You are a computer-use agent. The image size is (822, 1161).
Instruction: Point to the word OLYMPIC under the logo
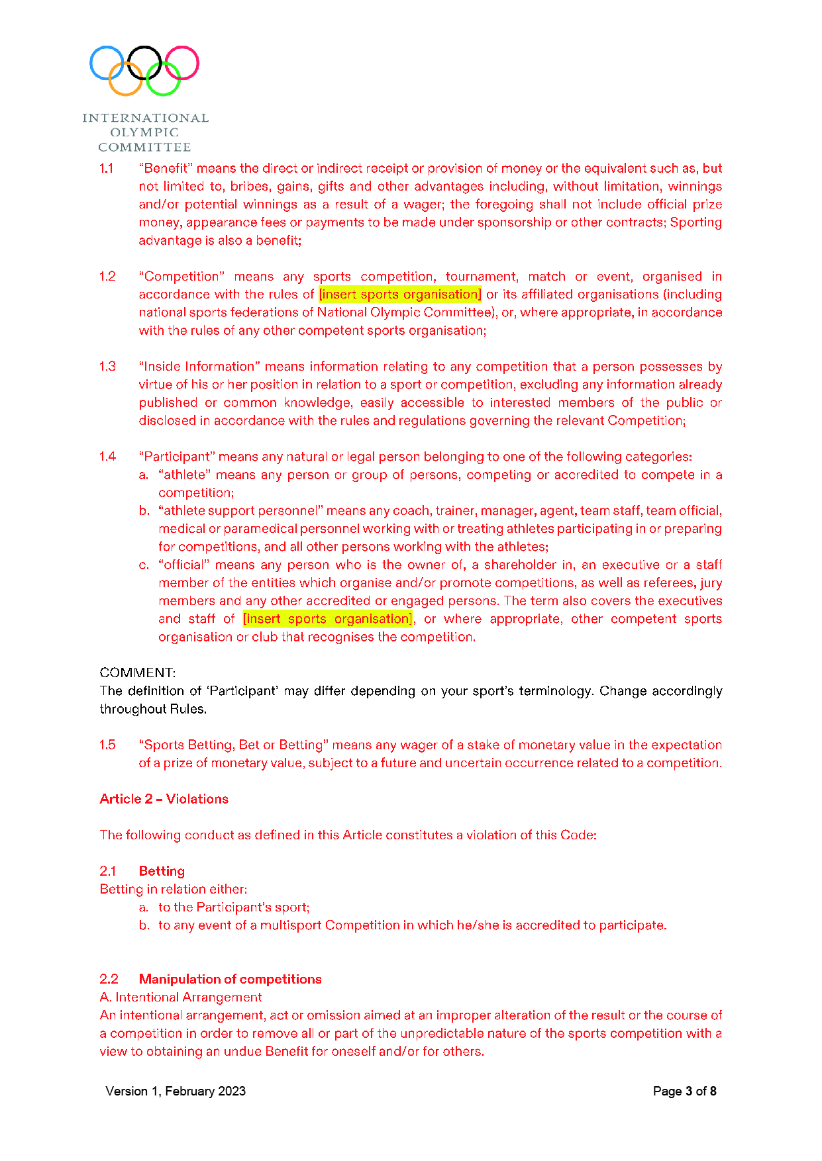click(144, 132)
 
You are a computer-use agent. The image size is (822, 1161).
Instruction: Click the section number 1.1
click(107, 168)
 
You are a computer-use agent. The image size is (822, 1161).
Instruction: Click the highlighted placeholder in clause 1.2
click(400, 294)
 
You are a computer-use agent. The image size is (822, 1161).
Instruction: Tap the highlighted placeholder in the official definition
click(328, 619)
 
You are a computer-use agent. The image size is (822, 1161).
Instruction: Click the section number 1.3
click(107, 367)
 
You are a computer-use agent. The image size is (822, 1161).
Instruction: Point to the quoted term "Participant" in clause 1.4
click(177, 457)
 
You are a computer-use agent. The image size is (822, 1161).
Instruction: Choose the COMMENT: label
click(138, 673)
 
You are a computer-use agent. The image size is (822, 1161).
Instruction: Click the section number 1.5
click(107, 745)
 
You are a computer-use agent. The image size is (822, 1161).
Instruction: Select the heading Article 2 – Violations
click(164, 799)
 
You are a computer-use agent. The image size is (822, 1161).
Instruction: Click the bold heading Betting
click(162, 871)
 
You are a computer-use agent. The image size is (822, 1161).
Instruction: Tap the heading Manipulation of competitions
click(230, 979)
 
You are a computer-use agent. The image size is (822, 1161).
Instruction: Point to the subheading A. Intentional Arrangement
click(181, 998)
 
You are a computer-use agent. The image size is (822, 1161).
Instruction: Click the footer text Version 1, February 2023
click(176, 1091)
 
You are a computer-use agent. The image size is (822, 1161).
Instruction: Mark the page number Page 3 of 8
click(684, 1091)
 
